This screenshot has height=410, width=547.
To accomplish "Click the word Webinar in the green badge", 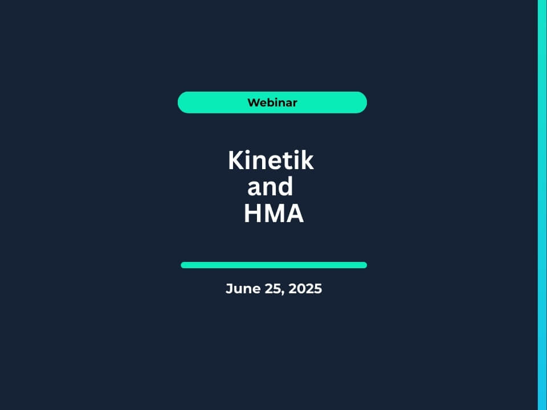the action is (x=272, y=102).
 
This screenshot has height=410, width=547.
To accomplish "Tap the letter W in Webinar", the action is (x=252, y=102).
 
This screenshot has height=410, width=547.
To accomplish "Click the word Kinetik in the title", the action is (x=271, y=161).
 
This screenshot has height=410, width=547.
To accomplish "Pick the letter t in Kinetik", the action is (x=287, y=161).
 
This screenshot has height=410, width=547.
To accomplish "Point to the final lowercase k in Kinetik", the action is (x=307, y=161).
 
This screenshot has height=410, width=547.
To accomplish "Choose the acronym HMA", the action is (x=274, y=213).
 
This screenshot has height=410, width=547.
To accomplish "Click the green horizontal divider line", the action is (x=274, y=265).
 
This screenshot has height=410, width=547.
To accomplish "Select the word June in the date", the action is (x=243, y=289).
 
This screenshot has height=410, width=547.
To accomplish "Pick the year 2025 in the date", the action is (x=305, y=289).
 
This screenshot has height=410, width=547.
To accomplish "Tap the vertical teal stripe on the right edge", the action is (x=542, y=205).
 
